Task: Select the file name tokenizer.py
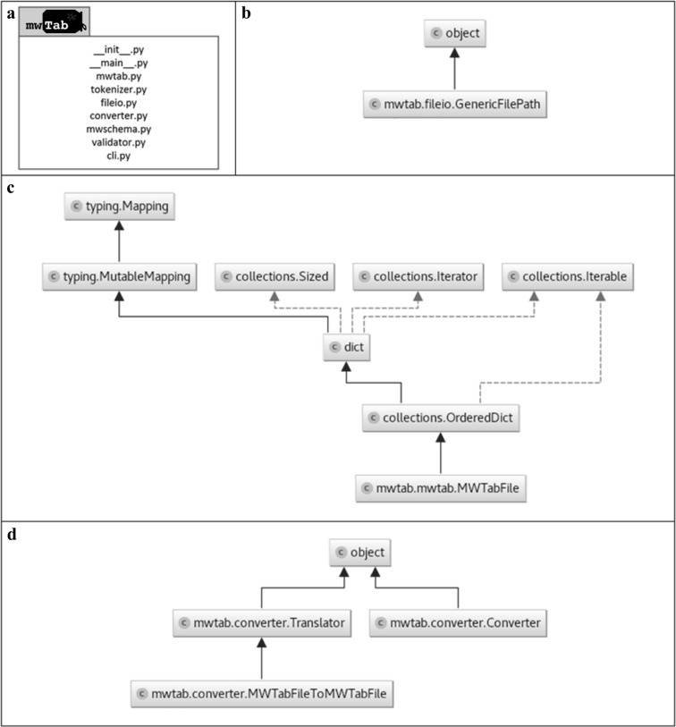point(119,89)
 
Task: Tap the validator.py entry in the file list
point(119,141)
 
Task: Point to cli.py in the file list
point(119,154)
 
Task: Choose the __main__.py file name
point(119,63)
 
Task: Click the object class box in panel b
point(454,34)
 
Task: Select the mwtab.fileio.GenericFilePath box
point(454,105)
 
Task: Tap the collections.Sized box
point(275,278)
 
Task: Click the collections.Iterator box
point(418,278)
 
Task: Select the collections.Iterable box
point(569,278)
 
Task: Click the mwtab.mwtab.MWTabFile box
point(440,488)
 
